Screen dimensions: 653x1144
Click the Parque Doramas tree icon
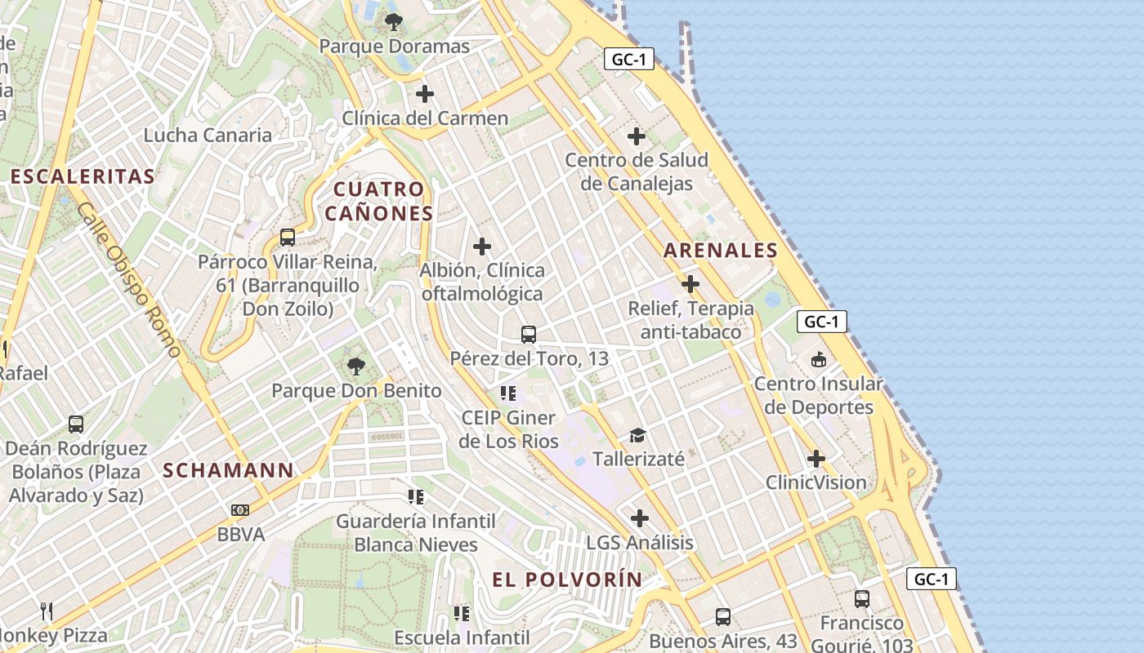pos(394,22)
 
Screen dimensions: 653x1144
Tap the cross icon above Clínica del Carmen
pos(425,94)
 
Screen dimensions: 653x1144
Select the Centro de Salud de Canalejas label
pos(637,171)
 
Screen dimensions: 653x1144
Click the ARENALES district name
pos(720,251)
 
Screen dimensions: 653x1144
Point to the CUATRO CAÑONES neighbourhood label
pos(378,202)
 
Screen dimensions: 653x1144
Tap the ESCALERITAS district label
pos(83,176)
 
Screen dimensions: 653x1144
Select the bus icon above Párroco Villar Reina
pos(288,238)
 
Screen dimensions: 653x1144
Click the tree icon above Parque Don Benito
pos(355,366)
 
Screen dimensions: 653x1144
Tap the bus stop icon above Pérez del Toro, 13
pos(529,334)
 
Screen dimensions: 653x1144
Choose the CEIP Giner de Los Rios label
pos(508,429)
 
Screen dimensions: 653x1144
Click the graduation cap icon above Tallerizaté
pos(637,435)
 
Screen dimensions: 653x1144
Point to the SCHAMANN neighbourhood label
pos(228,470)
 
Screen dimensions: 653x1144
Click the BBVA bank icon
pos(239,510)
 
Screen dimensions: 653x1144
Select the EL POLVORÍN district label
pos(567,580)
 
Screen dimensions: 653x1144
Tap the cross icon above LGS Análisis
pos(640,518)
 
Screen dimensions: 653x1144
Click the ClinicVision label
pos(816,482)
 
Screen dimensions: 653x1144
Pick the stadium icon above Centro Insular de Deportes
pos(818,359)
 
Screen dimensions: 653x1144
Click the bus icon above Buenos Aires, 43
pos(723,616)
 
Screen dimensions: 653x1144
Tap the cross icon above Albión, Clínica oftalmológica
pos(482,246)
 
